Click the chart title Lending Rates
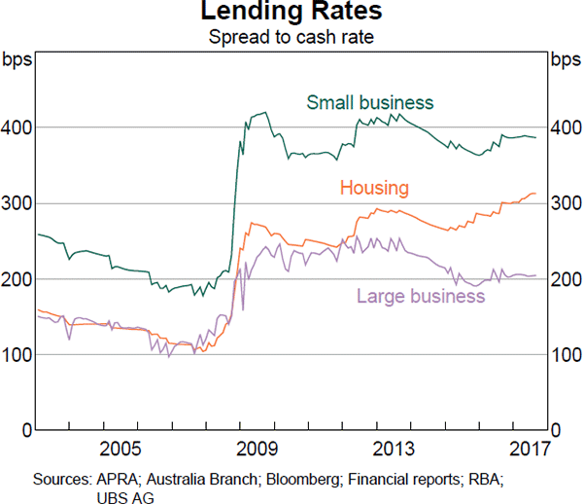click(291, 13)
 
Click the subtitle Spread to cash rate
click(291, 38)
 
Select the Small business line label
click(370, 102)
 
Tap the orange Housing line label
click(374, 188)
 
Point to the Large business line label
click(421, 296)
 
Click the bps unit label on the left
click(18, 60)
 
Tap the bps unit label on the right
click(565, 60)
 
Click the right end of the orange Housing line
click(535, 194)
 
